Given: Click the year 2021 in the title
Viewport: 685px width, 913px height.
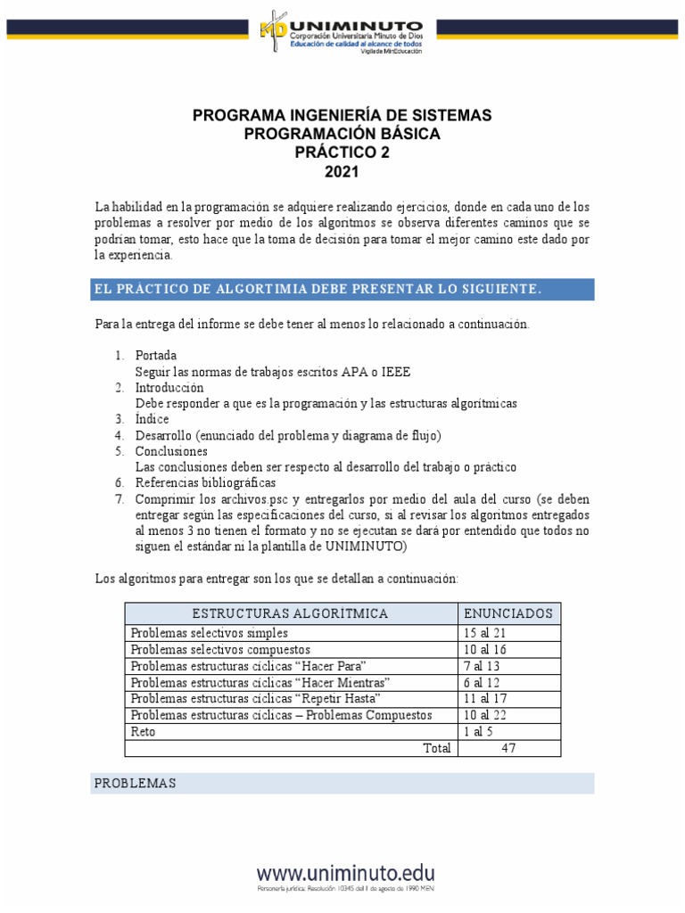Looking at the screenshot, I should (x=342, y=171).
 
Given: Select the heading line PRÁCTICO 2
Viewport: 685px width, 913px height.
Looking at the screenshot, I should (x=342, y=152).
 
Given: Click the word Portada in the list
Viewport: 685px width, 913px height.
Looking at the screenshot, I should (x=156, y=355).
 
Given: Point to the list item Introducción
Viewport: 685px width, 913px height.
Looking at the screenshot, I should (x=169, y=388).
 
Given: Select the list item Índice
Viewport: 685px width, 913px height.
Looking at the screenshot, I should (x=151, y=419).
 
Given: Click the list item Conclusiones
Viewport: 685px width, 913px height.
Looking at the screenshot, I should (x=171, y=451).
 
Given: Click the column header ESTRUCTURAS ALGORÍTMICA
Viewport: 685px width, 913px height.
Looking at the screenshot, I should (x=290, y=613).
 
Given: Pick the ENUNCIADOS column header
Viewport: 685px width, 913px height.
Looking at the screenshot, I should (x=508, y=613).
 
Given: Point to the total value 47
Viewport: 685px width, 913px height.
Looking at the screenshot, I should (x=508, y=748).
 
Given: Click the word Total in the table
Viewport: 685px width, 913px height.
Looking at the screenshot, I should (x=436, y=748).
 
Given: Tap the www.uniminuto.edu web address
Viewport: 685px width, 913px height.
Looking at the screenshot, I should (x=347, y=872).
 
